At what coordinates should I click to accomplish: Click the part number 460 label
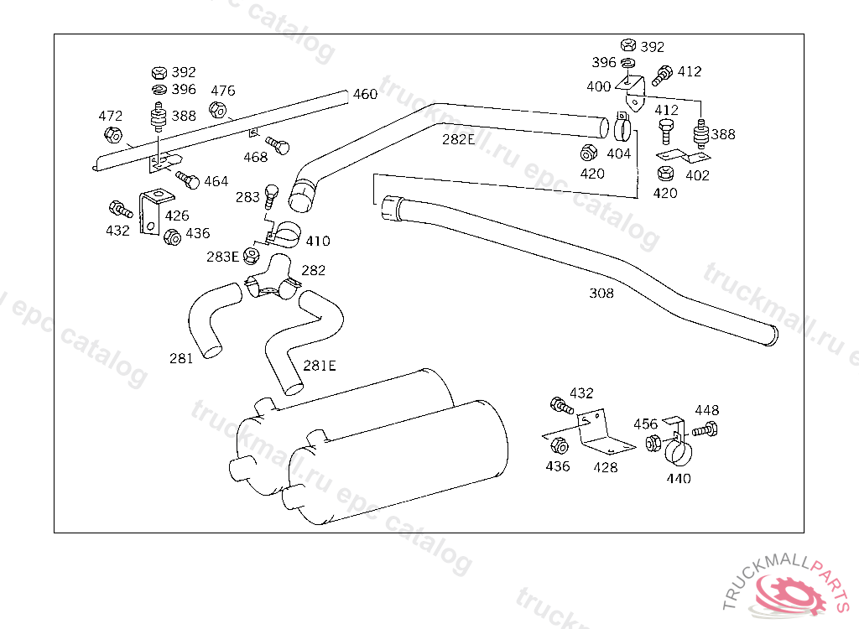[365, 94]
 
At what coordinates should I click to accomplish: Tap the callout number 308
[601, 294]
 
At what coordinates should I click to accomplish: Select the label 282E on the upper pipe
[459, 140]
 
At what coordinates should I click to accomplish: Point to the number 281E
[320, 366]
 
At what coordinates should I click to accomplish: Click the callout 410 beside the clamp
[318, 241]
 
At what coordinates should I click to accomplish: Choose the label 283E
[222, 257]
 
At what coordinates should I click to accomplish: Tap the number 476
[223, 91]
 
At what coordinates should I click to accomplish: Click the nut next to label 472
[113, 135]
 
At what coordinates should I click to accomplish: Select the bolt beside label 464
[187, 179]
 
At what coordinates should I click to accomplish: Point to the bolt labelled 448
[705, 429]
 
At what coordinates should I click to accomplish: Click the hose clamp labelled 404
[623, 127]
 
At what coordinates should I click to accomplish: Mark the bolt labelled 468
[277, 145]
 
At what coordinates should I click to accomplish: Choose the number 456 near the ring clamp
[645, 424]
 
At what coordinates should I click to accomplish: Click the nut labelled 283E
[252, 255]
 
